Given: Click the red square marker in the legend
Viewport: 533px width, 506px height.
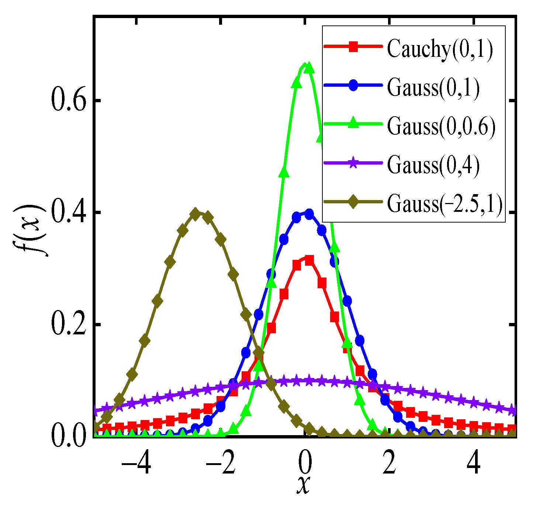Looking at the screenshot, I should pos(353,47).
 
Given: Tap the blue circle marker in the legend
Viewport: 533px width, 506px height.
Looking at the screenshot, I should pos(353,85).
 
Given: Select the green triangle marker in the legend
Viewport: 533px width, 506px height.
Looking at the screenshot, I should pos(353,124).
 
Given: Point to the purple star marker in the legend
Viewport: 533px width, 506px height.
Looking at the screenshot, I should pos(353,163).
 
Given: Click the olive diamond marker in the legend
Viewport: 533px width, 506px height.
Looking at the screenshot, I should pos(353,202).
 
